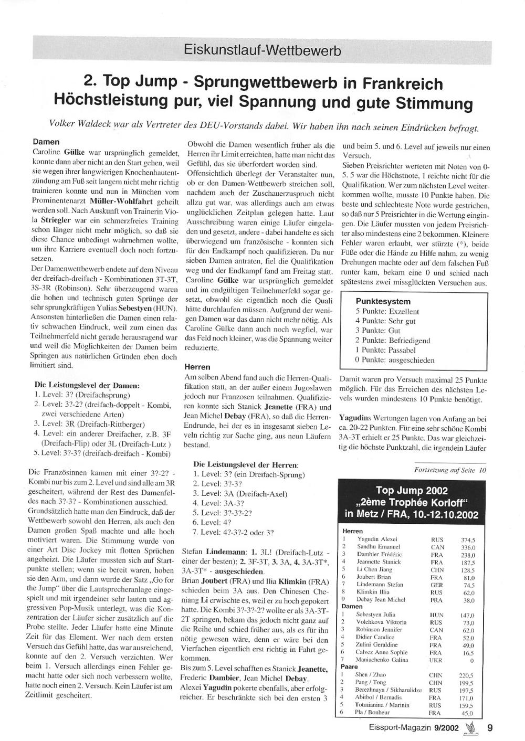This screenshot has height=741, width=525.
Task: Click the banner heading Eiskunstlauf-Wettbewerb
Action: (262, 50)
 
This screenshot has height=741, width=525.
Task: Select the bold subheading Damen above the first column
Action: (46, 142)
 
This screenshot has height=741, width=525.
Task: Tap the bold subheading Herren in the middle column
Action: (197, 367)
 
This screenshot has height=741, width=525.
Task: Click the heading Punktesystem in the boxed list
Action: (383, 302)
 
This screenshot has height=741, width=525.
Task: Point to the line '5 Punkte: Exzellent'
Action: (387, 311)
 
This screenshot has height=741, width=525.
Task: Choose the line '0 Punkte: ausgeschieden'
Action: (395, 360)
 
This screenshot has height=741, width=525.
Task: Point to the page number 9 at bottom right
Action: (490, 728)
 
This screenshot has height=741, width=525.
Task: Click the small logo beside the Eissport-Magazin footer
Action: (470, 727)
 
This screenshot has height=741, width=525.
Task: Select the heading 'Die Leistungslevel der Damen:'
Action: (87, 385)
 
